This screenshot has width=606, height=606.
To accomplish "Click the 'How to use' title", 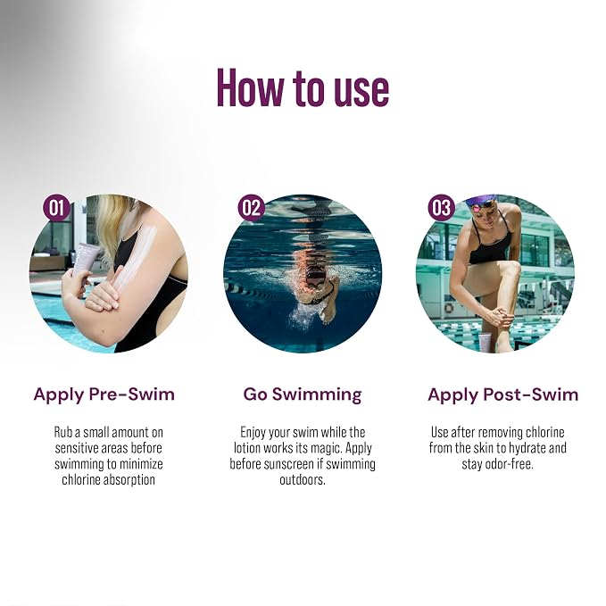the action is [303, 87].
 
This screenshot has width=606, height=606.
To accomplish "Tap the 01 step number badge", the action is [56, 208].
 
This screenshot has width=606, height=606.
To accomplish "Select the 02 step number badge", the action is [251, 208].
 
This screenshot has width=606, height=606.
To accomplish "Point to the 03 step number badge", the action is [442, 208].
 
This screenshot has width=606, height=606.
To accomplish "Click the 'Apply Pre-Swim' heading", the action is [104, 394].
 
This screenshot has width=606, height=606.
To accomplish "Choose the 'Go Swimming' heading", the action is [303, 395].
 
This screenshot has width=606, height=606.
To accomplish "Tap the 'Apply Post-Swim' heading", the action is [502, 394].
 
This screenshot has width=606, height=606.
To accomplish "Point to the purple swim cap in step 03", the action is [481, 202].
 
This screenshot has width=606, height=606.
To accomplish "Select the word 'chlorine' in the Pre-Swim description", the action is [80, 479].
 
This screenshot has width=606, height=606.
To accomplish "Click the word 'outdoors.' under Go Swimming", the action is [303, 479].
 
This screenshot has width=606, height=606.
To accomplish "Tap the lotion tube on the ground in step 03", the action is [485, 341].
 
